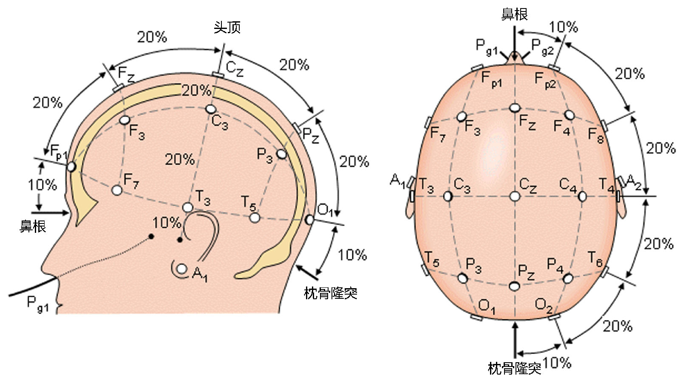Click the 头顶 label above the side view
(x=227, y=28)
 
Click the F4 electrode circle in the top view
(x=569, y=115)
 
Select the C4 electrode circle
(x=582, y=197)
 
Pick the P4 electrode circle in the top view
(x=568, y=278)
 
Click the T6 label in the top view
(x=595, y=259)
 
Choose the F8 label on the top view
(x=595, y=135)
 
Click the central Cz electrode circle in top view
(x=515, y=197)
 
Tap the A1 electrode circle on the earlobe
(x=182, y=269)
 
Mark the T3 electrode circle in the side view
(x=188, y=207)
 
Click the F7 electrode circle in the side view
(x=117, y=190)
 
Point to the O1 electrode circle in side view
(x=309, y=220)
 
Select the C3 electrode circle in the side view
(x=211, y=109)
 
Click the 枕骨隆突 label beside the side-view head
(x=330, y=293)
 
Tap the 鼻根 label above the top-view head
(x=514, y=14)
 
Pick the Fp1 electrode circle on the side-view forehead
(x=71, y=166)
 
